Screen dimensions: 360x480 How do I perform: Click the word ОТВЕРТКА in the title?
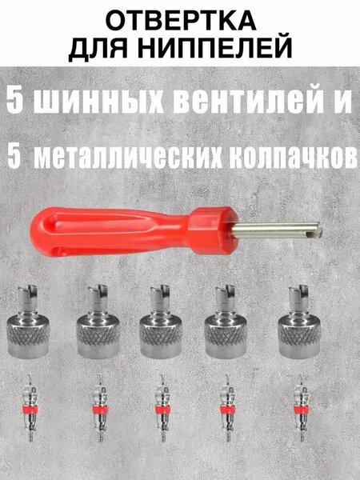click(x=181, y=21)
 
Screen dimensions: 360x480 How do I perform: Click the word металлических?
click(x=128, y=158)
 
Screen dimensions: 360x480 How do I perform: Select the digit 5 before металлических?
click(x=14, y=157)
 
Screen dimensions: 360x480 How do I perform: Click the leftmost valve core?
click(x=30, y=407)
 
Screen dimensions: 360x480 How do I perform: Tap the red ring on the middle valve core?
click(x=163, y=410)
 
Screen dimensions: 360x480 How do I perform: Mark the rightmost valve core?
click(x=302, y=407)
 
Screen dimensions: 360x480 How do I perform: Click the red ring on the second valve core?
click(x=100, y=410)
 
